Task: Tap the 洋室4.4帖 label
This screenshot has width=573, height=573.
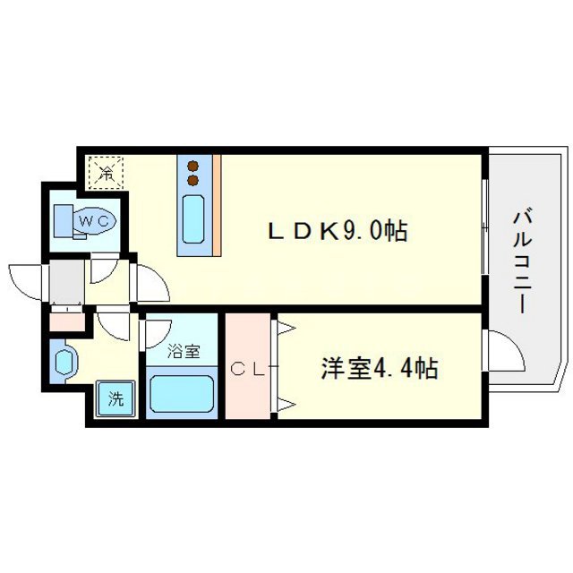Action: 380,368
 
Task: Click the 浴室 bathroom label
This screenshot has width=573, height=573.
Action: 181,351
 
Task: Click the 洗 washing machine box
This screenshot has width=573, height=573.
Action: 115,399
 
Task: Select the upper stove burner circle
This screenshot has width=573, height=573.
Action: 192,165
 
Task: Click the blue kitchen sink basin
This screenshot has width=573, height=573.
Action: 192,218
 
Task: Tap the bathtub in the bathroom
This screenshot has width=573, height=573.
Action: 182,394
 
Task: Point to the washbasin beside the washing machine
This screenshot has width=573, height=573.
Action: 64,363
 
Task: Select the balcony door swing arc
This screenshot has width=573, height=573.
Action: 504,353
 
